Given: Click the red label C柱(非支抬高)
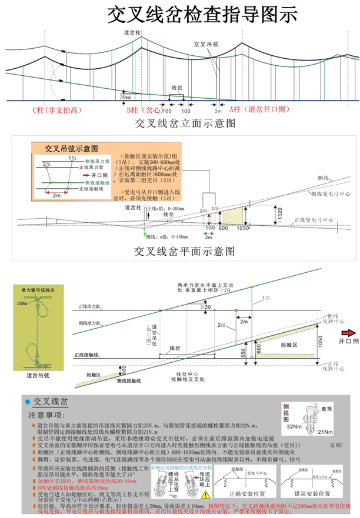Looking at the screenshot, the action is point(56,110).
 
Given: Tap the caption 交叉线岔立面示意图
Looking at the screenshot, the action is point(186,123).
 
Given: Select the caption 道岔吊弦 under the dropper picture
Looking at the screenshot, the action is point(38,374).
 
